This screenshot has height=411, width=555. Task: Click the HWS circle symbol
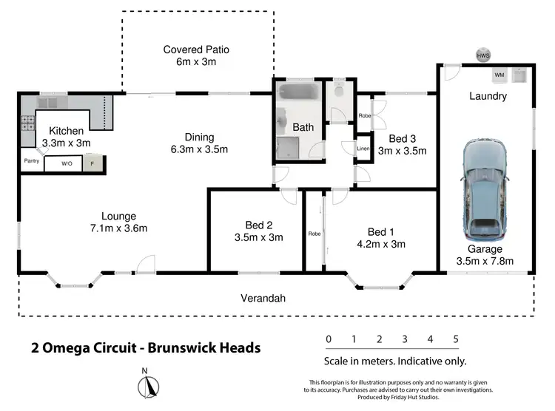(x=483, y=55)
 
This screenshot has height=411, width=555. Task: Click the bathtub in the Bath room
(x=299, y=95)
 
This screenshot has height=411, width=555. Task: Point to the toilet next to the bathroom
(x=340, y=92)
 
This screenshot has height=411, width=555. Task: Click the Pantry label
(x=31, y=160)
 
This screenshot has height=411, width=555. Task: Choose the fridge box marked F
(x=92, y=163)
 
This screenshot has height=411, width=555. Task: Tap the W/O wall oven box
(x=67, y=163)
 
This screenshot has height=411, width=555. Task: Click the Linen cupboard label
(x=363, y=149)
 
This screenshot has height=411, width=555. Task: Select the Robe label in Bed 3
(x=364, y=116)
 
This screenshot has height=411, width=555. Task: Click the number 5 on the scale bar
(x=456, y=339)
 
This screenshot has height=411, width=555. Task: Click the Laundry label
(x=488, y=96)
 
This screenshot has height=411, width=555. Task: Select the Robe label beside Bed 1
(x=314, y=234)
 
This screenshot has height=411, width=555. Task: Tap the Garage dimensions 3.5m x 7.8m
(x=485, y=261)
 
